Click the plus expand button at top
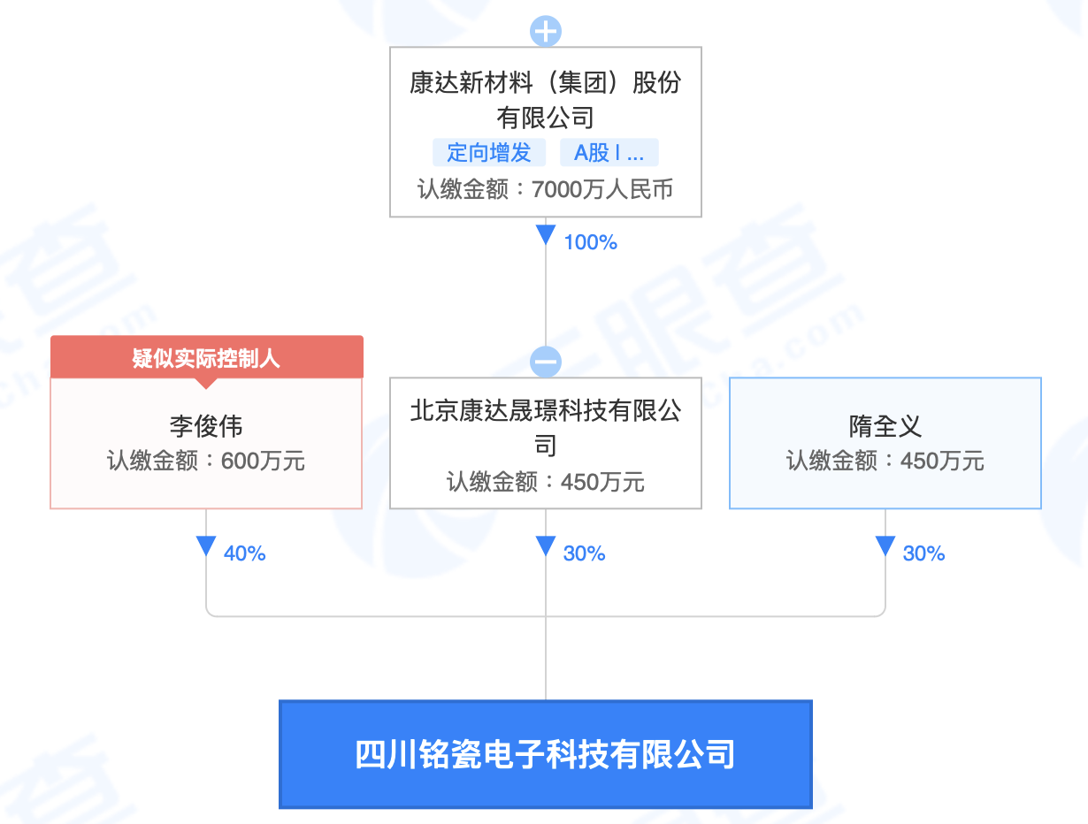click(x=546, y=31)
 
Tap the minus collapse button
click(x=546, y=362)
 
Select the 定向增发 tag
click(x=488, y=152)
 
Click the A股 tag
click(x=609, y=152)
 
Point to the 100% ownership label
click(x=590, y=242)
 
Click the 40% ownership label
click(x=244, y=553)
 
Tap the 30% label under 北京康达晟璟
click(x=584, y=553)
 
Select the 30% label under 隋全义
click(x=923, y=553)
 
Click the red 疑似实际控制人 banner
click(x=206, y=357)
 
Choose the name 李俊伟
click(x=206, y=427)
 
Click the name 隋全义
click(x=885, y=427)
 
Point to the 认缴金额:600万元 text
click(x=206, y=461)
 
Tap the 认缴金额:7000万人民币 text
click(x=546, y=189)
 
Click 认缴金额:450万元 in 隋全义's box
click(x=885, y=461)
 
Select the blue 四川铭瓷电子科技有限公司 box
click(x=546, y=754)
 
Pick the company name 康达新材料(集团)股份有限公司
click(x=546, y=99)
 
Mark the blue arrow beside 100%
click(x=546, y=235)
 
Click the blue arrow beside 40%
click(x=206, y=546)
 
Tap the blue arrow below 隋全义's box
click(x=885, y=546)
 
